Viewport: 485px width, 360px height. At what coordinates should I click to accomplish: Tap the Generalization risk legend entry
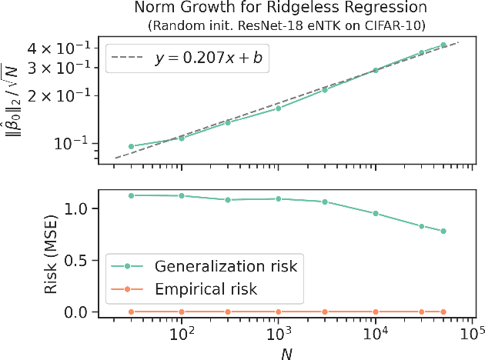tap(204, 268)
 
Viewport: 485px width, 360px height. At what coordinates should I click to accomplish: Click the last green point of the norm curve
tap(443, 45)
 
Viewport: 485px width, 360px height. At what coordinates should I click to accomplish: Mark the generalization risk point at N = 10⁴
tap(376, 213)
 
